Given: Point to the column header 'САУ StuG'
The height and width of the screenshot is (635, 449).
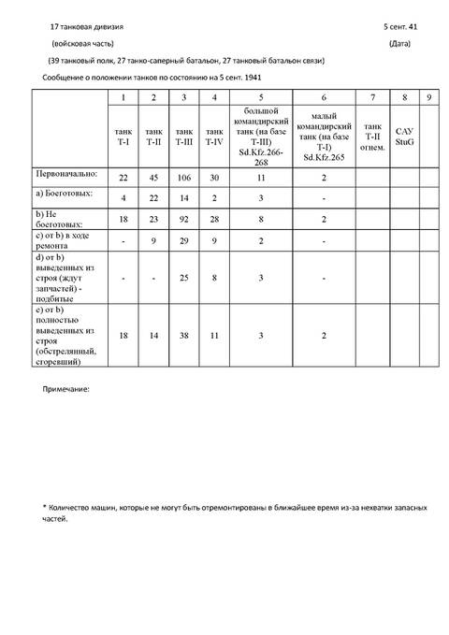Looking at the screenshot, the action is pos(403,137).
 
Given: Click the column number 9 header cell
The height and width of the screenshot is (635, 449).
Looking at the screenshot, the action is pos(427,97).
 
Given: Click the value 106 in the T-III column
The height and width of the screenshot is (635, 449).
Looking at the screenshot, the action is pos(185,177).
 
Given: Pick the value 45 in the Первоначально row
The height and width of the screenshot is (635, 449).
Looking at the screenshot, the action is pos(154,177).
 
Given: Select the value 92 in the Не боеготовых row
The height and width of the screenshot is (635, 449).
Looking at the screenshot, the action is pos(185,221).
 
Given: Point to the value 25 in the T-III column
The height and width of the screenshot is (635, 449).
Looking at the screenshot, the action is pos(185,277).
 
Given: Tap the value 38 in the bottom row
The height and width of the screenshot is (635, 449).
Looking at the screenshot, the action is pos(185,334).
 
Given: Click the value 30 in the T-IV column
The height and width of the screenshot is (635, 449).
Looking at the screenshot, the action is pos(215,177).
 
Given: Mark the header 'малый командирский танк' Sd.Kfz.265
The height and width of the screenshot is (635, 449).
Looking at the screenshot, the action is pos(323,137).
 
